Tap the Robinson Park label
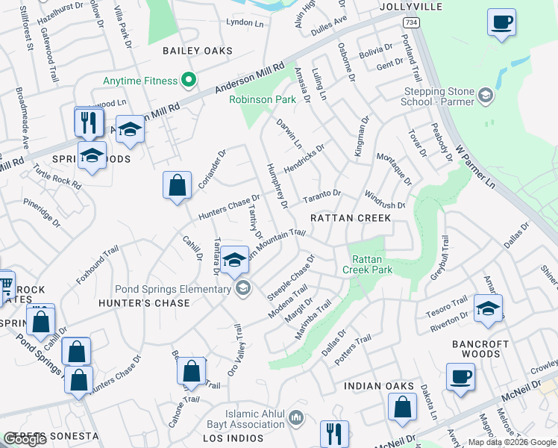point(262,99)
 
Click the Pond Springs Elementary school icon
point(242,287)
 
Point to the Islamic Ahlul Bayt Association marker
point(297,417)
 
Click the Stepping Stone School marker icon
point(486,95)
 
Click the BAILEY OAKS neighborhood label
point(198,51)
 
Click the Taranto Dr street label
point(322,196)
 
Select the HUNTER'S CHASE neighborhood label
point(142,303)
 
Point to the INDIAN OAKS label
point(379,386)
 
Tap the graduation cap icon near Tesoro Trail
point(488,308)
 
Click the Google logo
point(25,439)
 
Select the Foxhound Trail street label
point(98,267)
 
